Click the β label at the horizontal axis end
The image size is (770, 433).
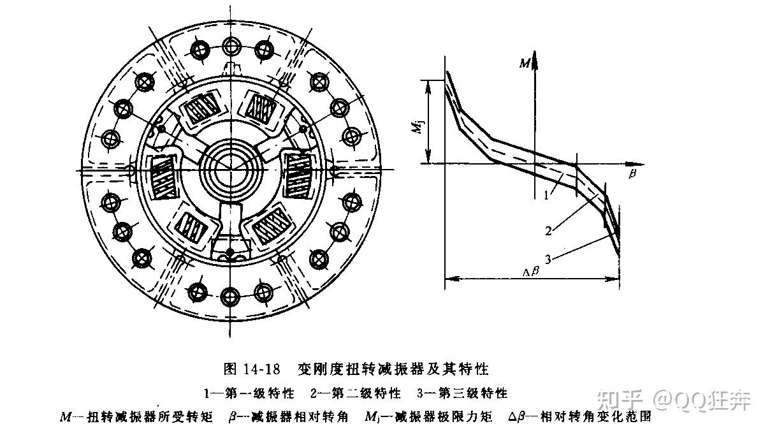(x=632, y=173)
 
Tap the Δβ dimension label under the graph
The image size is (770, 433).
(x=531, y=270)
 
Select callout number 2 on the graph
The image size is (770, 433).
(x=548, y=231)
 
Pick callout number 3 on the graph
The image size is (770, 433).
(x=549, y=258)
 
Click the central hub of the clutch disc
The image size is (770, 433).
(x=231, y=168)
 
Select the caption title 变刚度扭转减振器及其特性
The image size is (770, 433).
(x=392, y=369)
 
